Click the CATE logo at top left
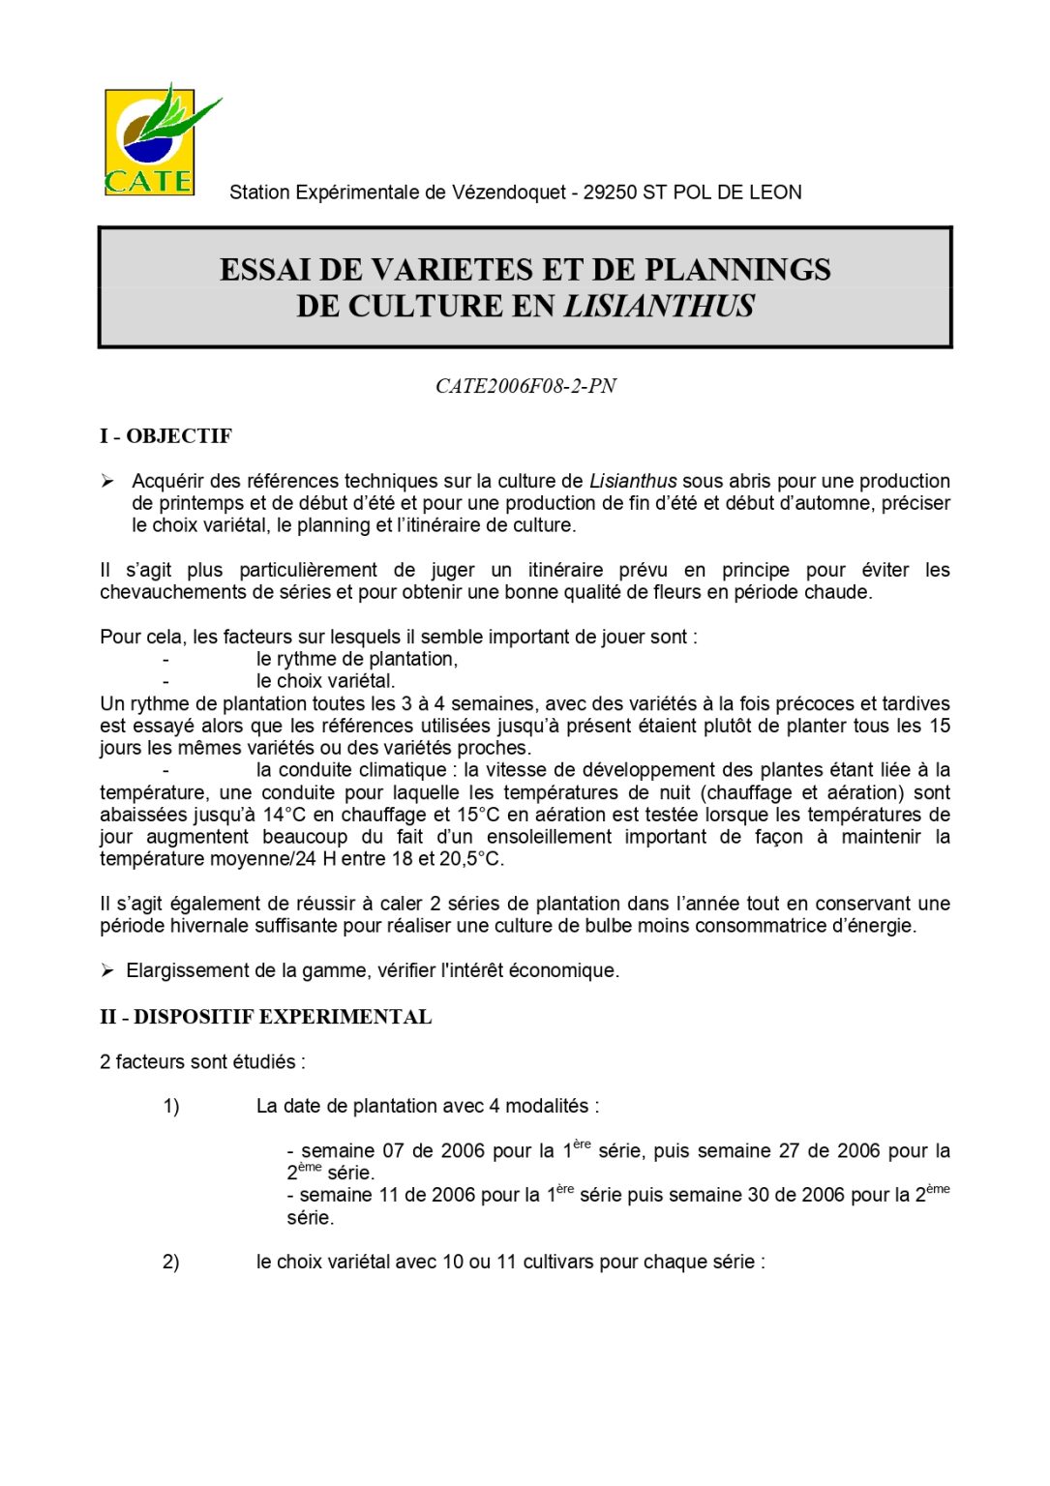point(151,142)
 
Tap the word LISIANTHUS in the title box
point(659,307)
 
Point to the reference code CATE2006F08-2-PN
point(525,386)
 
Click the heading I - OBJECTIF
point(165,436)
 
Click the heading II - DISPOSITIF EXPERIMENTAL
point(265,1017)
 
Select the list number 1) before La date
point(171,1106)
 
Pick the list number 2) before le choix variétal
point(171,1262)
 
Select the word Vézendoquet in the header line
point(508,193)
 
